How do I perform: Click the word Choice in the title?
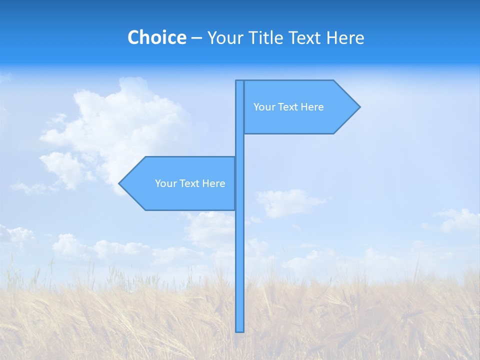pos(156,37)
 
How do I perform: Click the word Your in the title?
pos(224,37)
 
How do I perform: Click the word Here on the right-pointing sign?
pos(312,107)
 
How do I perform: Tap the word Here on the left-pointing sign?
pos(213,183)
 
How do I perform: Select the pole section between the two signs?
pos(240,145)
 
